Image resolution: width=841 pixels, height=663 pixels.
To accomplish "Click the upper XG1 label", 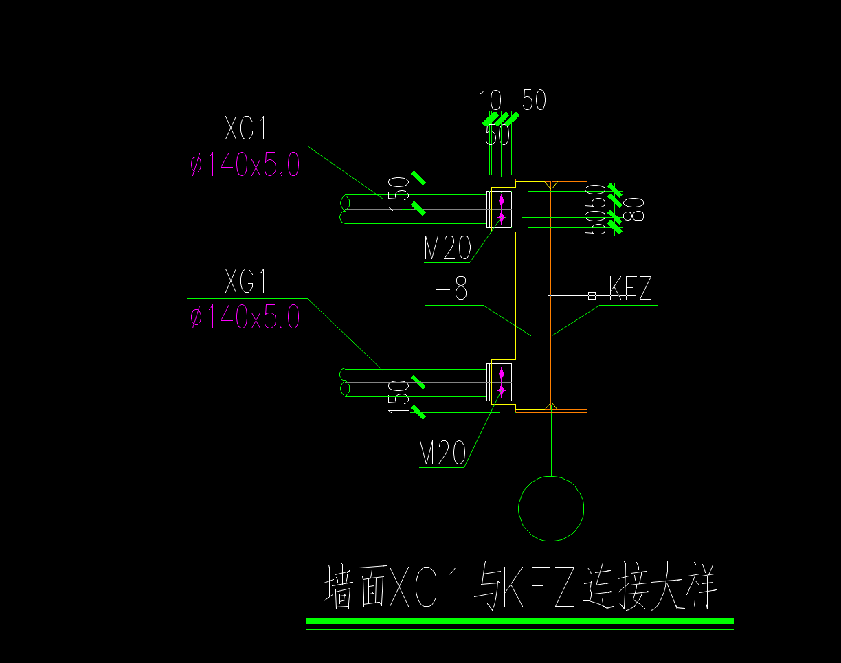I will [245, 130].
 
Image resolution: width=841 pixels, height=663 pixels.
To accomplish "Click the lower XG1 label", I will [245, 282].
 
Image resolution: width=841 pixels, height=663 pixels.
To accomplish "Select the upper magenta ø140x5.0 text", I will [245, 166].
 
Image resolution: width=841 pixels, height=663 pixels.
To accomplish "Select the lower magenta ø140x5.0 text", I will [245, 317].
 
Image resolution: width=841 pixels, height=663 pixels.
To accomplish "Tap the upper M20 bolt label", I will [447, 249].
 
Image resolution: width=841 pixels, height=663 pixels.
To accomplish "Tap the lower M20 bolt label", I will [442, 453].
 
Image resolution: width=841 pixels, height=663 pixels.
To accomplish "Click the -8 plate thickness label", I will [451, 291].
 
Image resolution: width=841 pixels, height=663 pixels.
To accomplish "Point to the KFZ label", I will [630, 289].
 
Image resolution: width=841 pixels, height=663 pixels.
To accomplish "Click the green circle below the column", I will [551, 509].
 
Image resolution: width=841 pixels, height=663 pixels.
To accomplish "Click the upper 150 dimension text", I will [399, 193].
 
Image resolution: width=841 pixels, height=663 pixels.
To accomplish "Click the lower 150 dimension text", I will [399, 396].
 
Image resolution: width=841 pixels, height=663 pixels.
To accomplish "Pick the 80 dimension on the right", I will [636, 209].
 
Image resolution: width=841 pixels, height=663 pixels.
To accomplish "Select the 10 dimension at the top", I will [491, 102].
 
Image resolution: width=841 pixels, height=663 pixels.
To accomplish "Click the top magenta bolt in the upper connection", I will [502, 201].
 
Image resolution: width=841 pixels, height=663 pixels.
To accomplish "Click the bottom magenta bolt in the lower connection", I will [502, 390].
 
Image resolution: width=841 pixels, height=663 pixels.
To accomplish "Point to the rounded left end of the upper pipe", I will [344, 209].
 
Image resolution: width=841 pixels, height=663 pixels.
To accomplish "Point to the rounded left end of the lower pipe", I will [344, 382].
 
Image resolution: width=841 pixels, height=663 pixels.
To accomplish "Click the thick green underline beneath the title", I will [519, 621].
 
